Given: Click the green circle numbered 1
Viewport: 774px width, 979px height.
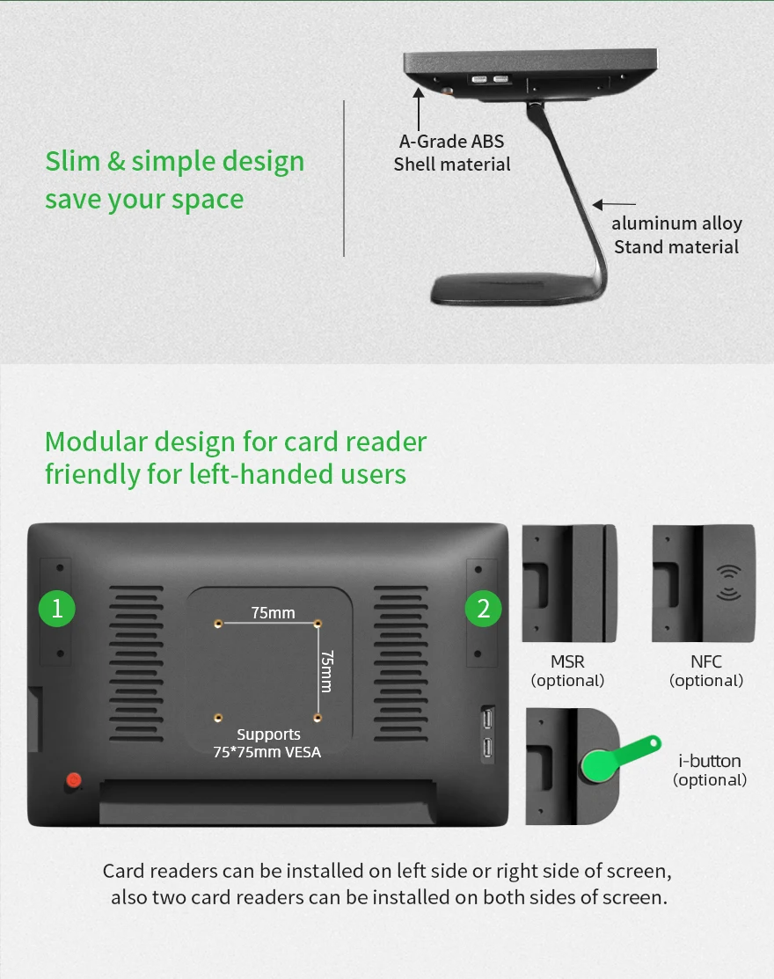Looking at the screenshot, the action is (57, 608).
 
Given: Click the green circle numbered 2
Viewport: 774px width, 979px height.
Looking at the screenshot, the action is (483, 608).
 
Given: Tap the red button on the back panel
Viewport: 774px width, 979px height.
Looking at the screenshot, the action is (74, 780).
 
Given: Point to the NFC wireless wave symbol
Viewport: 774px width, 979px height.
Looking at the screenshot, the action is (728, 582).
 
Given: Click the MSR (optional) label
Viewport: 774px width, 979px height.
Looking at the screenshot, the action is (567, 670).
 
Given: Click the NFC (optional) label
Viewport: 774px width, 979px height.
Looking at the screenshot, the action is (706, 670).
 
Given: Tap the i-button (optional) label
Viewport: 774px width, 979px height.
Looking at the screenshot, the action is (710, 770).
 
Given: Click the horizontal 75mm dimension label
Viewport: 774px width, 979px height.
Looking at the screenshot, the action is (273, 612).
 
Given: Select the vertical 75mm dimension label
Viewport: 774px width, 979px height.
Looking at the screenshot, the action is (326, 671).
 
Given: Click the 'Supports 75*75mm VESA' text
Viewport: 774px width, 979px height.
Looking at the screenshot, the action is (267, 743).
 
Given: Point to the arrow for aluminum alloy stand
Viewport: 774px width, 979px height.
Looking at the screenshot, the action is (614, 204).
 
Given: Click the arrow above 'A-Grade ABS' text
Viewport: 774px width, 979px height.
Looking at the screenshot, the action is (418, 109).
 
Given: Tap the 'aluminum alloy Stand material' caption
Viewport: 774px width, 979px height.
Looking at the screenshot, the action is (676, 235).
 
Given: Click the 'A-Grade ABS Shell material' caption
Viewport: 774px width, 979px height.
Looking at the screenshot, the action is (452, 153).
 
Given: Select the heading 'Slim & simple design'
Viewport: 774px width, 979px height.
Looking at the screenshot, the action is (175, 161).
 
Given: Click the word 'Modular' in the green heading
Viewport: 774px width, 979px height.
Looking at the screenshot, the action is (96, 442).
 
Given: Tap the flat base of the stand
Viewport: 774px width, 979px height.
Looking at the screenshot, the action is (517, 289).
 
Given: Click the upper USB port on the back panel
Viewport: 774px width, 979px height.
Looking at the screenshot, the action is (487, 720).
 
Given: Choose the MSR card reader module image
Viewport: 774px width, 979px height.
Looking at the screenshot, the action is (569, 583).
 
